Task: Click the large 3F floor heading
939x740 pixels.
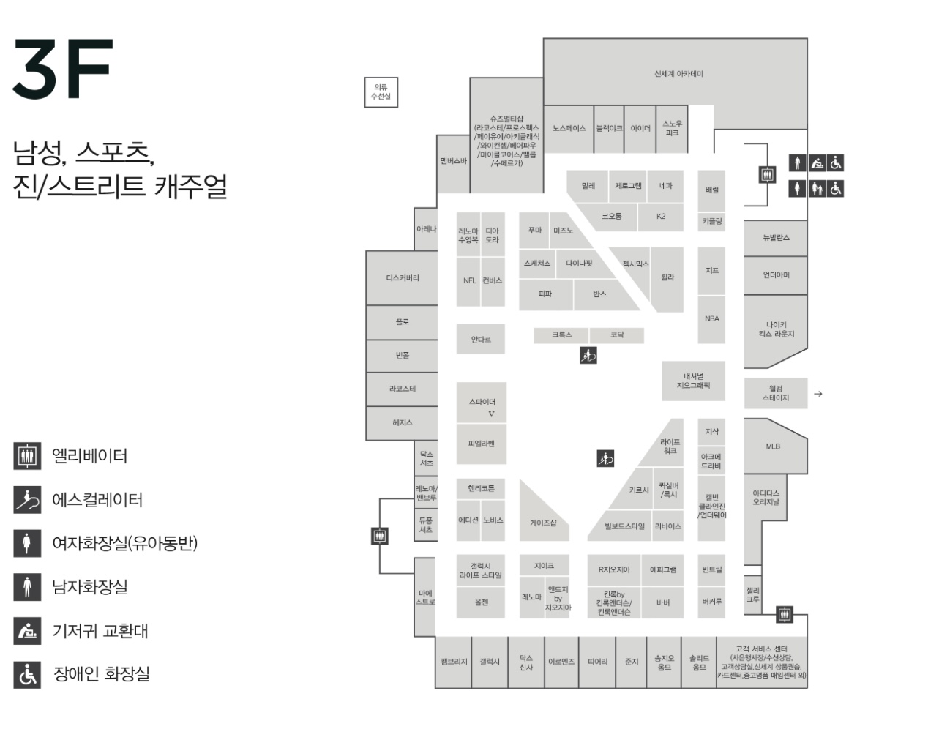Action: coord(63,69)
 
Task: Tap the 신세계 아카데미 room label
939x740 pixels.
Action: coord(678,74)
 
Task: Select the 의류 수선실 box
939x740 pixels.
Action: coord(381,92)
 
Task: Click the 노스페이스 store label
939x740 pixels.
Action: coord(569,129)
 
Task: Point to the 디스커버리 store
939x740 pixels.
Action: coord(403,278)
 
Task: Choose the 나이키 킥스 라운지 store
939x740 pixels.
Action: coord(776,329)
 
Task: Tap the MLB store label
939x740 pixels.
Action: coord(773,446)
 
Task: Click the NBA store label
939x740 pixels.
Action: coord(711,319)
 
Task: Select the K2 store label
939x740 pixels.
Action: coord(661,217)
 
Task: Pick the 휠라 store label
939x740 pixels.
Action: coord(667,277)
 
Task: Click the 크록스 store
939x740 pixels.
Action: coord(562,335)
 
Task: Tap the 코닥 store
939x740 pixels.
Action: coord(617,335)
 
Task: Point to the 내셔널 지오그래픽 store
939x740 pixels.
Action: coord(693,381)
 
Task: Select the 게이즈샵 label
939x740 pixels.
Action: coord(543,523)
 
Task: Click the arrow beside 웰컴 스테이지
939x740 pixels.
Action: coord(818,394)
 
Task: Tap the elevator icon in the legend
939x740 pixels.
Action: coord(27,456)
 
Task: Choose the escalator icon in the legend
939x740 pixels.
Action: coord(27,500)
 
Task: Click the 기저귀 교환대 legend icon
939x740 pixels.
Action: coord(27,631)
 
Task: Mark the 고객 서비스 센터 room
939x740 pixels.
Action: coord(761,662)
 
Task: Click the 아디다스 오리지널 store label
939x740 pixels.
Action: coord(766,498)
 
